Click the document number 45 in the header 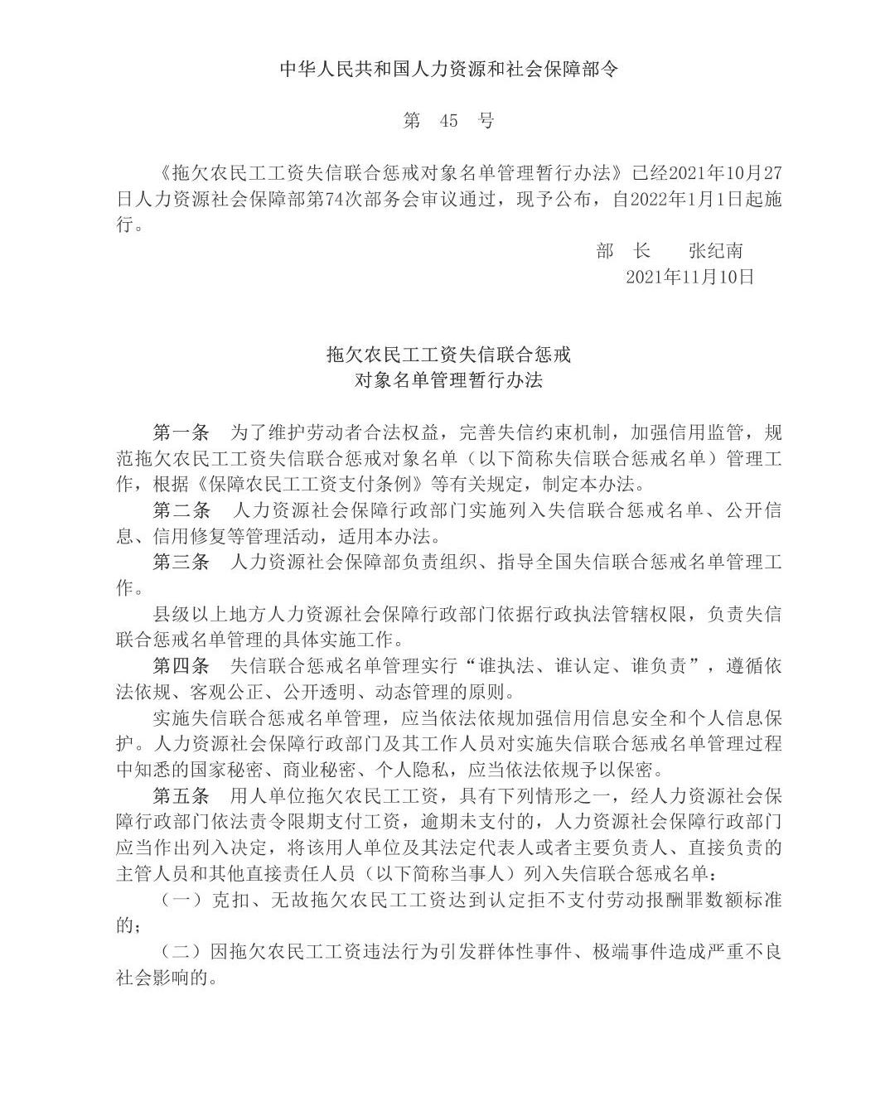coord(448,121)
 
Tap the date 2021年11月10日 coord(689,277)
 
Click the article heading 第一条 coord(181,432)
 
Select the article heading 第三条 coord(181,562)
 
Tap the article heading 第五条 coord(181,795)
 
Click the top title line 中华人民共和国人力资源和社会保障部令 coord(448,69)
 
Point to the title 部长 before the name coord(623,251)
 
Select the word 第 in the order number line coord(412,121)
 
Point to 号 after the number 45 coord(486,121)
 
